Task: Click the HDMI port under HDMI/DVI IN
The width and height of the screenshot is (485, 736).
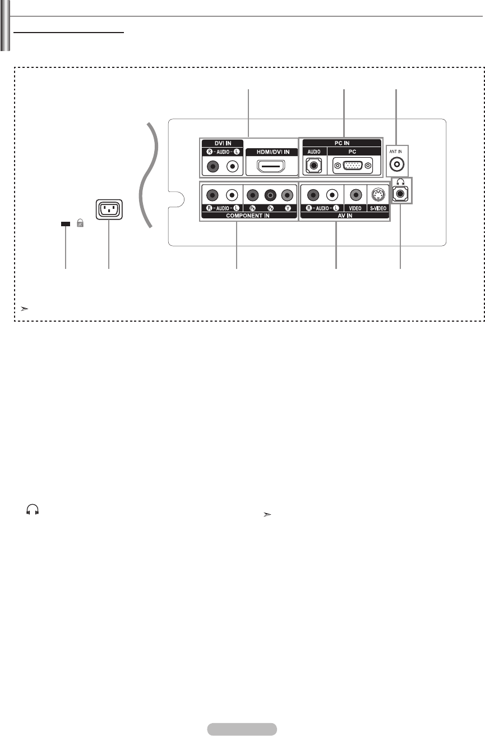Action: point(272,166)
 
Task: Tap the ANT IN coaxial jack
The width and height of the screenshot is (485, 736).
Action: point(397,166)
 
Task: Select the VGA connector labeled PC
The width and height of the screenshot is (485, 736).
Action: point(352,166)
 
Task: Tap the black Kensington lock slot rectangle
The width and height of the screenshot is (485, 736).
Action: point(66,223)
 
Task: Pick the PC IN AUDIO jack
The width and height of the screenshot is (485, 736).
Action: point(313,166)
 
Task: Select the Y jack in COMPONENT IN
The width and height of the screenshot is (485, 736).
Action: point(288,195)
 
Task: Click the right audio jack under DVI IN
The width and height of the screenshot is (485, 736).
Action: point(213,166)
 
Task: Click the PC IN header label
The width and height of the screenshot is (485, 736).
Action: point(341,143)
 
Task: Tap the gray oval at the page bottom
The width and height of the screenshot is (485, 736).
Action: point(242,729)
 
